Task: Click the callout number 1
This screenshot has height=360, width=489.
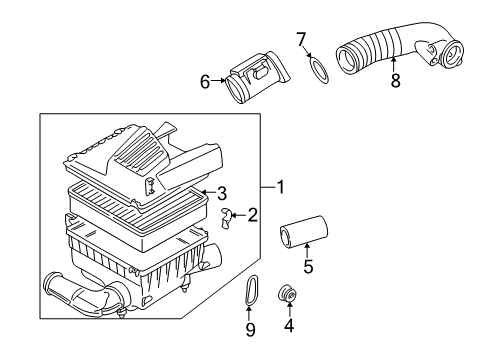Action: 281,187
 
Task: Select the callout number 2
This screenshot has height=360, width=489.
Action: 252,215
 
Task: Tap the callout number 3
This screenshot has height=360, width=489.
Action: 222,193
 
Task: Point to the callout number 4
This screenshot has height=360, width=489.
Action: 289,325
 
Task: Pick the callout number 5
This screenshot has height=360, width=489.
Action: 308,266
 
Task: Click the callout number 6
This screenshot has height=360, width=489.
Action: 205,82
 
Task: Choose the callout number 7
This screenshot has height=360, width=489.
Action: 301,40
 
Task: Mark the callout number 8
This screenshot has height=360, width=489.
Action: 395,80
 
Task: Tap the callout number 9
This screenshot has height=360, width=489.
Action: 250,329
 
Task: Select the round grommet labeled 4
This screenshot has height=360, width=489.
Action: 288,294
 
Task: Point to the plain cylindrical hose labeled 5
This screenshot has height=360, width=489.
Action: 304,231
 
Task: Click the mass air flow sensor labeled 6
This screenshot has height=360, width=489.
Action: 257,77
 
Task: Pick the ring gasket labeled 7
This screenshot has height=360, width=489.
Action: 319,70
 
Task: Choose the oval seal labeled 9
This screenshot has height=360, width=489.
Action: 251,289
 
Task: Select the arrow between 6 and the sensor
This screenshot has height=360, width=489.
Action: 219,80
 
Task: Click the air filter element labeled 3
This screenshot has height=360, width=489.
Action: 138,218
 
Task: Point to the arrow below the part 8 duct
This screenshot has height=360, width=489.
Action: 394,64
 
